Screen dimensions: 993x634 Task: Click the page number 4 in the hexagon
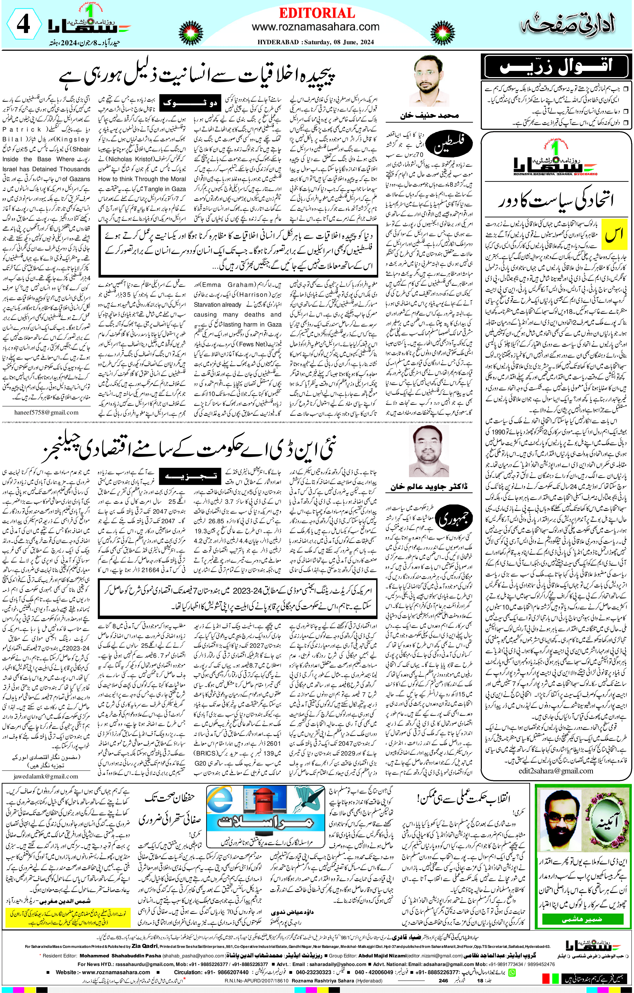coord(23,25)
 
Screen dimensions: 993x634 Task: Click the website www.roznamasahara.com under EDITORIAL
coord(315,27)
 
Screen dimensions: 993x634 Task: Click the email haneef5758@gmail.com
coord(46,412)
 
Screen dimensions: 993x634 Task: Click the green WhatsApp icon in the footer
coord(512,972)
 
